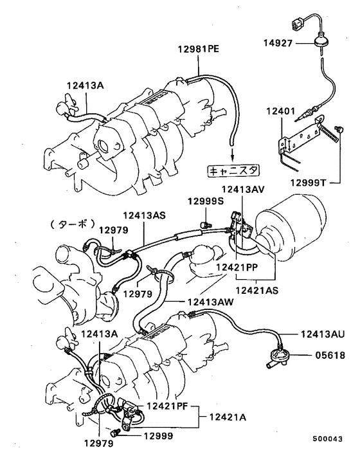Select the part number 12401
point(280,111)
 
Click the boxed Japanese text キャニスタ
point(233,171)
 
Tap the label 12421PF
point(169,406)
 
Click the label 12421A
point(226,417)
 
